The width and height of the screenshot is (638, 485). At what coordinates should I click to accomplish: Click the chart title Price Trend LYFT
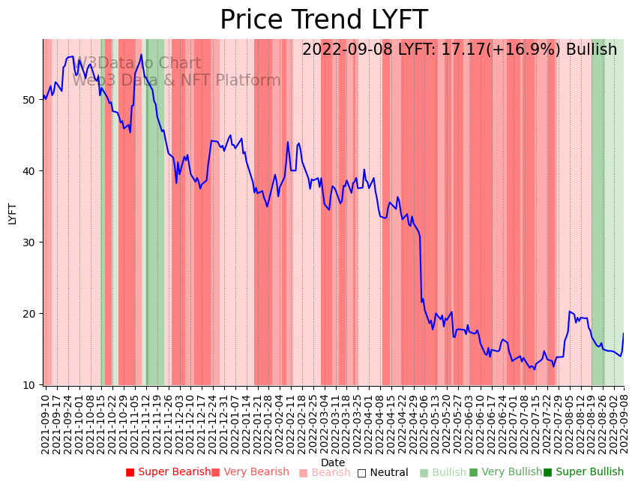coord(323,20)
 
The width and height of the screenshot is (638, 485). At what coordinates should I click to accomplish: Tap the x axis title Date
coord(333,462)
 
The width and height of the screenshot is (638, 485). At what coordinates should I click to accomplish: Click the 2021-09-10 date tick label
coord(45,420)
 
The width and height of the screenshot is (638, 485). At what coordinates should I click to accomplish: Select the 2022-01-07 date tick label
coord(234,420)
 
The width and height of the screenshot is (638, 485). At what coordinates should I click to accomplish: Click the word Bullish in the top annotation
coord(592,50)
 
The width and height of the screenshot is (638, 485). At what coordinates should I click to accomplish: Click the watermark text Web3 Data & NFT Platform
coord(177,80)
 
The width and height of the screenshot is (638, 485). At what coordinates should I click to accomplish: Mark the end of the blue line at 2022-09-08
coord(623,333)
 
